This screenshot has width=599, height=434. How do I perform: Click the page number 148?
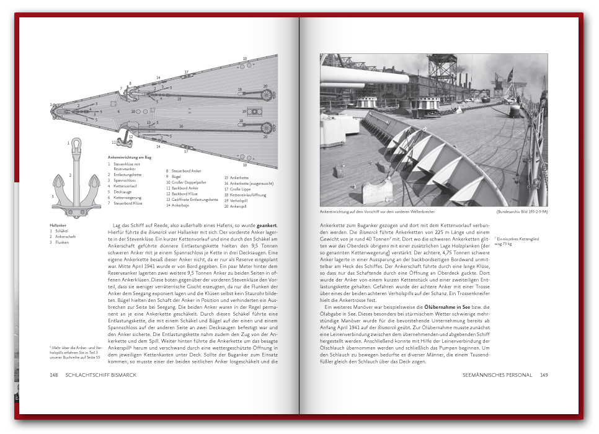(54, 375)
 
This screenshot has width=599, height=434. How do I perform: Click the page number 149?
(544, 375)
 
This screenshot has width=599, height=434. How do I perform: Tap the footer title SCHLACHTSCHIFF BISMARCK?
(100, 375)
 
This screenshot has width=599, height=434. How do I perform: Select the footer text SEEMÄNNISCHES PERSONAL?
(498, 375)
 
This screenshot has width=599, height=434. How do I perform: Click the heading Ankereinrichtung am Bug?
(129, 157)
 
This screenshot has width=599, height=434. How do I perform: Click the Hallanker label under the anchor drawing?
(58, 225)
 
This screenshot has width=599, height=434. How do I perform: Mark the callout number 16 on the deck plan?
(181, 126)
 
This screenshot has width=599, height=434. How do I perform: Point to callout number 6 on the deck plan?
(118, 112)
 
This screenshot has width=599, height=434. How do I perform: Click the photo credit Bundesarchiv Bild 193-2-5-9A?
(523, 212)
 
